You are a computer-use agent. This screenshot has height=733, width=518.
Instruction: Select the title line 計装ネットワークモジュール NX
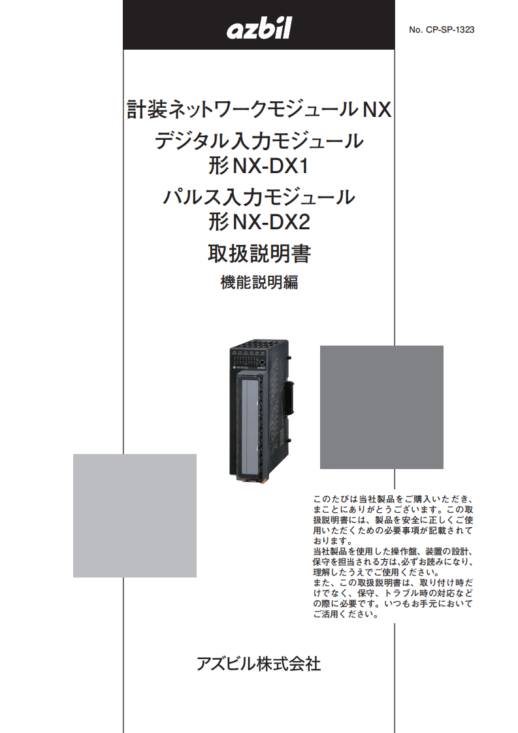259,109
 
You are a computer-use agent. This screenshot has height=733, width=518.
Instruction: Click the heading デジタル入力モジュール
259,140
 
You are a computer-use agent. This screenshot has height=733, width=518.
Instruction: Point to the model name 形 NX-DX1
259,166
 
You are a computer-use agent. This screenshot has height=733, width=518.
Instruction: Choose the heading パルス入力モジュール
259,197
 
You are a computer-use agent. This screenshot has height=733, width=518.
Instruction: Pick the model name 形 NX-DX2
259,221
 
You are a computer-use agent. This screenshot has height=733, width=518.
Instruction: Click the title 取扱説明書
259,253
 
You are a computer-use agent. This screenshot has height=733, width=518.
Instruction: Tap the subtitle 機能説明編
259,282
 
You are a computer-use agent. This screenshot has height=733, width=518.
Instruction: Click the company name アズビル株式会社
259,663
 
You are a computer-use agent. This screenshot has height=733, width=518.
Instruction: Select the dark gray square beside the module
381,407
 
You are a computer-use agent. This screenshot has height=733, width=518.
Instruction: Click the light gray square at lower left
135,515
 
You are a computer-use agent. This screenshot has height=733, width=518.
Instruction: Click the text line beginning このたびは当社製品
393,499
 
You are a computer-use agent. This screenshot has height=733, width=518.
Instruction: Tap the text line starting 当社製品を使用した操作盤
393,551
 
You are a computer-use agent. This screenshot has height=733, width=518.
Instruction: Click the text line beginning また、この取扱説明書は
393,583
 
